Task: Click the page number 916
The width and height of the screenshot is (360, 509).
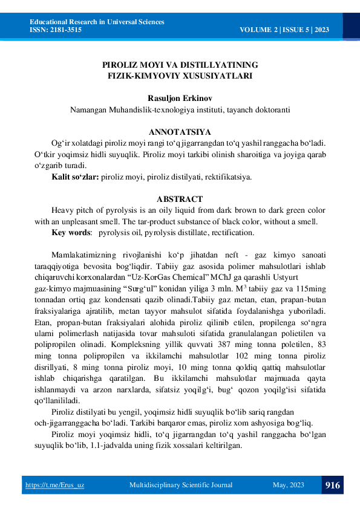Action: tap(332, 485)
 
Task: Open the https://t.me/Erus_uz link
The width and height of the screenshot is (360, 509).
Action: tap(54, 485)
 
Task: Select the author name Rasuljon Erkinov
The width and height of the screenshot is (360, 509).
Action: tap(180, 98)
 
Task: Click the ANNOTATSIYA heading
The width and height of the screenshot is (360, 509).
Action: tap(180, 132)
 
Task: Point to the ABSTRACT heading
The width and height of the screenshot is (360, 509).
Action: tap(180, 199)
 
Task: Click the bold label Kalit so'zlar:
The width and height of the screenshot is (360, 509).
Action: tap(75, 177)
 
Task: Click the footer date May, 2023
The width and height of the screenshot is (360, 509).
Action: tap(289, 485)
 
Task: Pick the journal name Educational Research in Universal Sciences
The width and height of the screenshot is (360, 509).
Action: tap(97, 22)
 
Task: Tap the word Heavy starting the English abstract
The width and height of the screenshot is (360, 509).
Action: tap(63, 210)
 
